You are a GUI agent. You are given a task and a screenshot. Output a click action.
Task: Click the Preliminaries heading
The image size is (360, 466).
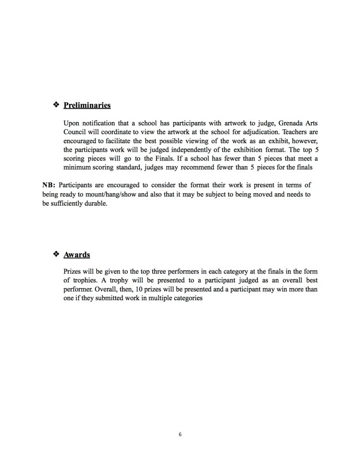[87, 105]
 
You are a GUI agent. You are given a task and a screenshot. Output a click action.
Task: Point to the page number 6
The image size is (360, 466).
[180, 435]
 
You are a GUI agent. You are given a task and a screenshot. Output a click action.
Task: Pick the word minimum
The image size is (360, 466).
[78, 169]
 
